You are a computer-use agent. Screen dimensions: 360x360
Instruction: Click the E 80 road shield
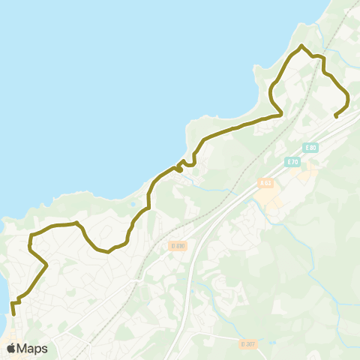[x=312, y=148]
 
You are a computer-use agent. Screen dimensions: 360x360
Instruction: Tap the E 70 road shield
[x=292, y=161]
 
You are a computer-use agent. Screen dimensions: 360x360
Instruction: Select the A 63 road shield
[x=265, y=182]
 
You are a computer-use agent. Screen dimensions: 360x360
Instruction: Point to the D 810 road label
[x=177, y=245]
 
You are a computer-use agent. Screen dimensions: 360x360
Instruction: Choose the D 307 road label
[x=248, y=343]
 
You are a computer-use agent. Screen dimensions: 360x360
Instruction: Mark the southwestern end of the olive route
[x=13, y=314]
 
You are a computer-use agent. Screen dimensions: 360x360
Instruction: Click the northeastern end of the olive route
[x=335, y=116]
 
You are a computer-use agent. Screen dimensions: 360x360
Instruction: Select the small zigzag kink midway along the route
[x=180, y=168]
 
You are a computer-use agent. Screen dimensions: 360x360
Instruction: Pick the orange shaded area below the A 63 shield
[x=268, y=196]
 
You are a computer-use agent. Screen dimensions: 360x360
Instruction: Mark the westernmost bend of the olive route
[x=29, y=244]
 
